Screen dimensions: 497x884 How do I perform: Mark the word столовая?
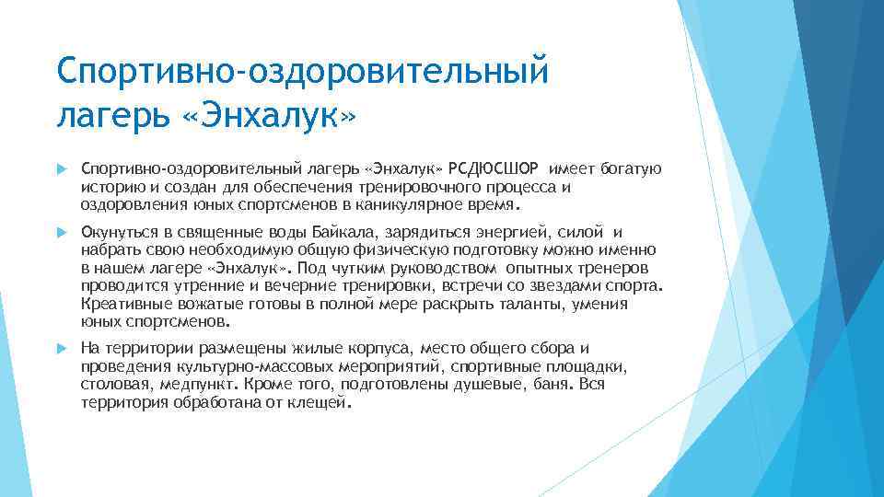(x=115, y=385)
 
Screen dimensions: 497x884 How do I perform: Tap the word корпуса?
(x=384, y=348)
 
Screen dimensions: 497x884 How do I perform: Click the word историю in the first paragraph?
(x=110, y=187)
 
